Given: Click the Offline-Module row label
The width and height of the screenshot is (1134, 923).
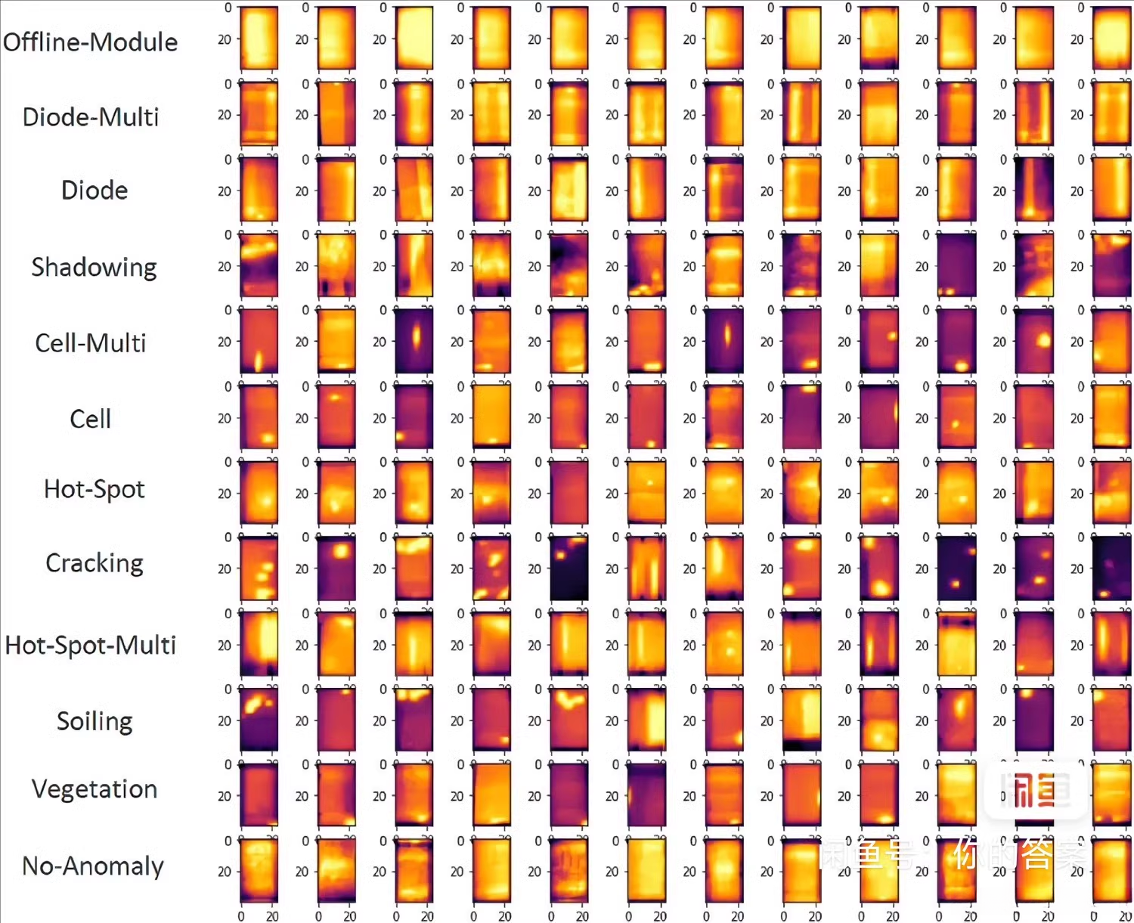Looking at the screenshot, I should click(x=90, y=42).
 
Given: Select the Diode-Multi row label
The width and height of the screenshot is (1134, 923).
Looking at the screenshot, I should click(x=91, y=117).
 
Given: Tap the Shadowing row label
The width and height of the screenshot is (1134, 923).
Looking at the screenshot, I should click(x=94, y=267).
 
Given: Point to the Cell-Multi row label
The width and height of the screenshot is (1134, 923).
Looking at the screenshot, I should click(x=90, y=343).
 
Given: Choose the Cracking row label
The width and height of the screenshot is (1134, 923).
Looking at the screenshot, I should click(x=94, y=563).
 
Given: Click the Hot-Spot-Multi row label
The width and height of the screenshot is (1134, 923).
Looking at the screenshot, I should click(x=90, y=646).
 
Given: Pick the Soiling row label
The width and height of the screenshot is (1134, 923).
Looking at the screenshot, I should click(x=94, y=721).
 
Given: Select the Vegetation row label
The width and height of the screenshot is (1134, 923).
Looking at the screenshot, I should click(x=94, y=789).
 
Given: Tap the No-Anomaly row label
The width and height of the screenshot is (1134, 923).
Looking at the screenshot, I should click(x=93, y=866).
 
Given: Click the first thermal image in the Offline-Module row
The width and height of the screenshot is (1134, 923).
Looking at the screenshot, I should click(x=259, y=39).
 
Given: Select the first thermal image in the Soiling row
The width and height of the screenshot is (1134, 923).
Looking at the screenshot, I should click(x=259, y=720).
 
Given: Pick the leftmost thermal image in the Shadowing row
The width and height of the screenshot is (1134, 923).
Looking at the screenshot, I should click(x=259, y=265).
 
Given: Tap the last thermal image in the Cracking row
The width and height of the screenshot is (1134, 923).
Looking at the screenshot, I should click(x=1111, y=568).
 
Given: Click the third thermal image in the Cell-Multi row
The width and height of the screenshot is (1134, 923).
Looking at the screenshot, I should click(x=414, y=341).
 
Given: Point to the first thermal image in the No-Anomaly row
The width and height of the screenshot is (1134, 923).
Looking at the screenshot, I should click(x=259, y=870).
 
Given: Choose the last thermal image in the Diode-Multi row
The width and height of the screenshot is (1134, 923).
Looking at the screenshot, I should click(x=1111, y=114).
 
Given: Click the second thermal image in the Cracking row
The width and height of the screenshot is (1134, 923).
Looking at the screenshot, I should click(x=336, y=568).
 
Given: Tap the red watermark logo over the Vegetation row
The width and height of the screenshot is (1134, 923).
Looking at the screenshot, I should click(x=1036, y=791).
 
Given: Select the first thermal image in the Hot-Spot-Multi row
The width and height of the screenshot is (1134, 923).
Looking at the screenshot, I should click(x=259, y=644).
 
